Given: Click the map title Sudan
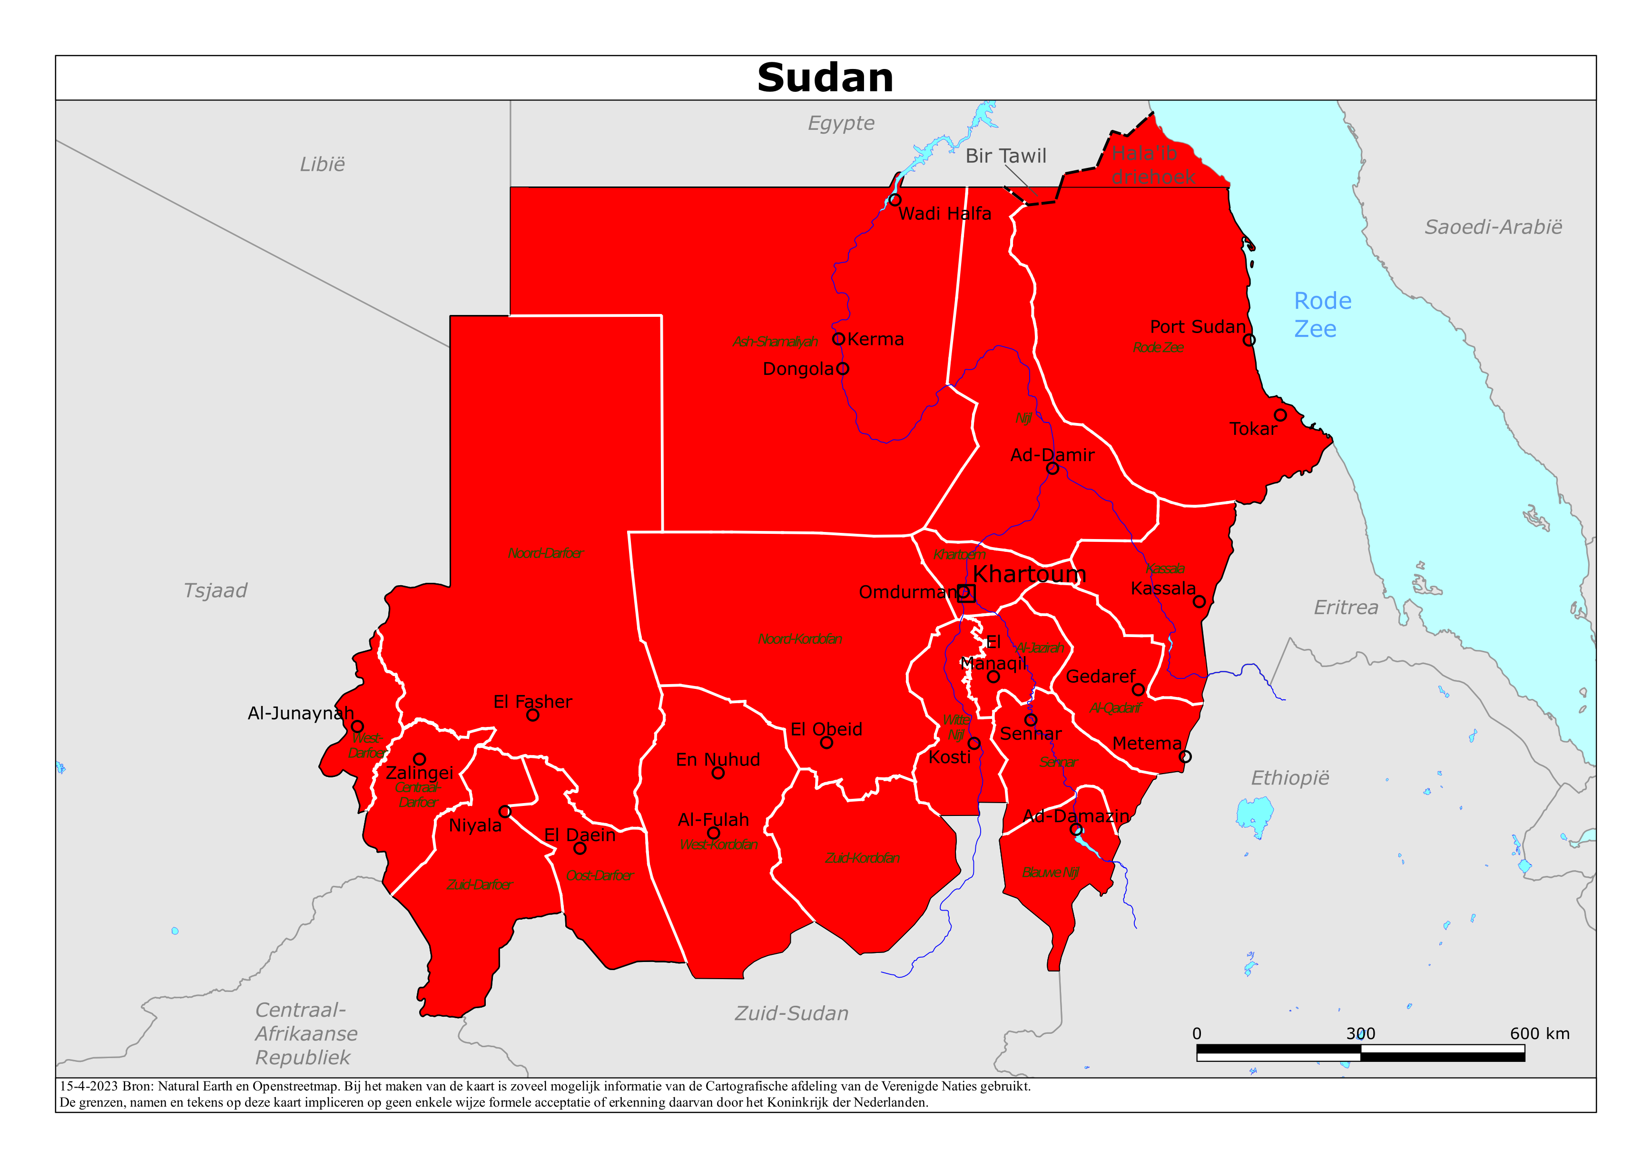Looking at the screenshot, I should [825, 78].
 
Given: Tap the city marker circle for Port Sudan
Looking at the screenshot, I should [1249, 340].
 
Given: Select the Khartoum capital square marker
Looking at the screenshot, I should [967, 593].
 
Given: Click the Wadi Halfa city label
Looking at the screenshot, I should [945, 214].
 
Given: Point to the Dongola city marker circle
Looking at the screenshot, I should [843, 368].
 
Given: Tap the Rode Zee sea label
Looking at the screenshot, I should [1322, 314].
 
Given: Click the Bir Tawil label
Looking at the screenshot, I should [1005, 156].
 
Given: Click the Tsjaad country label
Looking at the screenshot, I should [215, 591].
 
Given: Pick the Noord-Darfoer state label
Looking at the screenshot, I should [545, 553].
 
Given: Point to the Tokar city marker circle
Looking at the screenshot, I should [1280, 415].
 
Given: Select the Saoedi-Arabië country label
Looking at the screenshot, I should [1493, 227].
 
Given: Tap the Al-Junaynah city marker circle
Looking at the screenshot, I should [357, 727].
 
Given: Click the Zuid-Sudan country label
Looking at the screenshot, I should [791, 1013].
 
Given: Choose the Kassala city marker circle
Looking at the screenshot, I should [1199, 602].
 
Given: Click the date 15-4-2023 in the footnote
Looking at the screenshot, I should [88, 1086].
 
